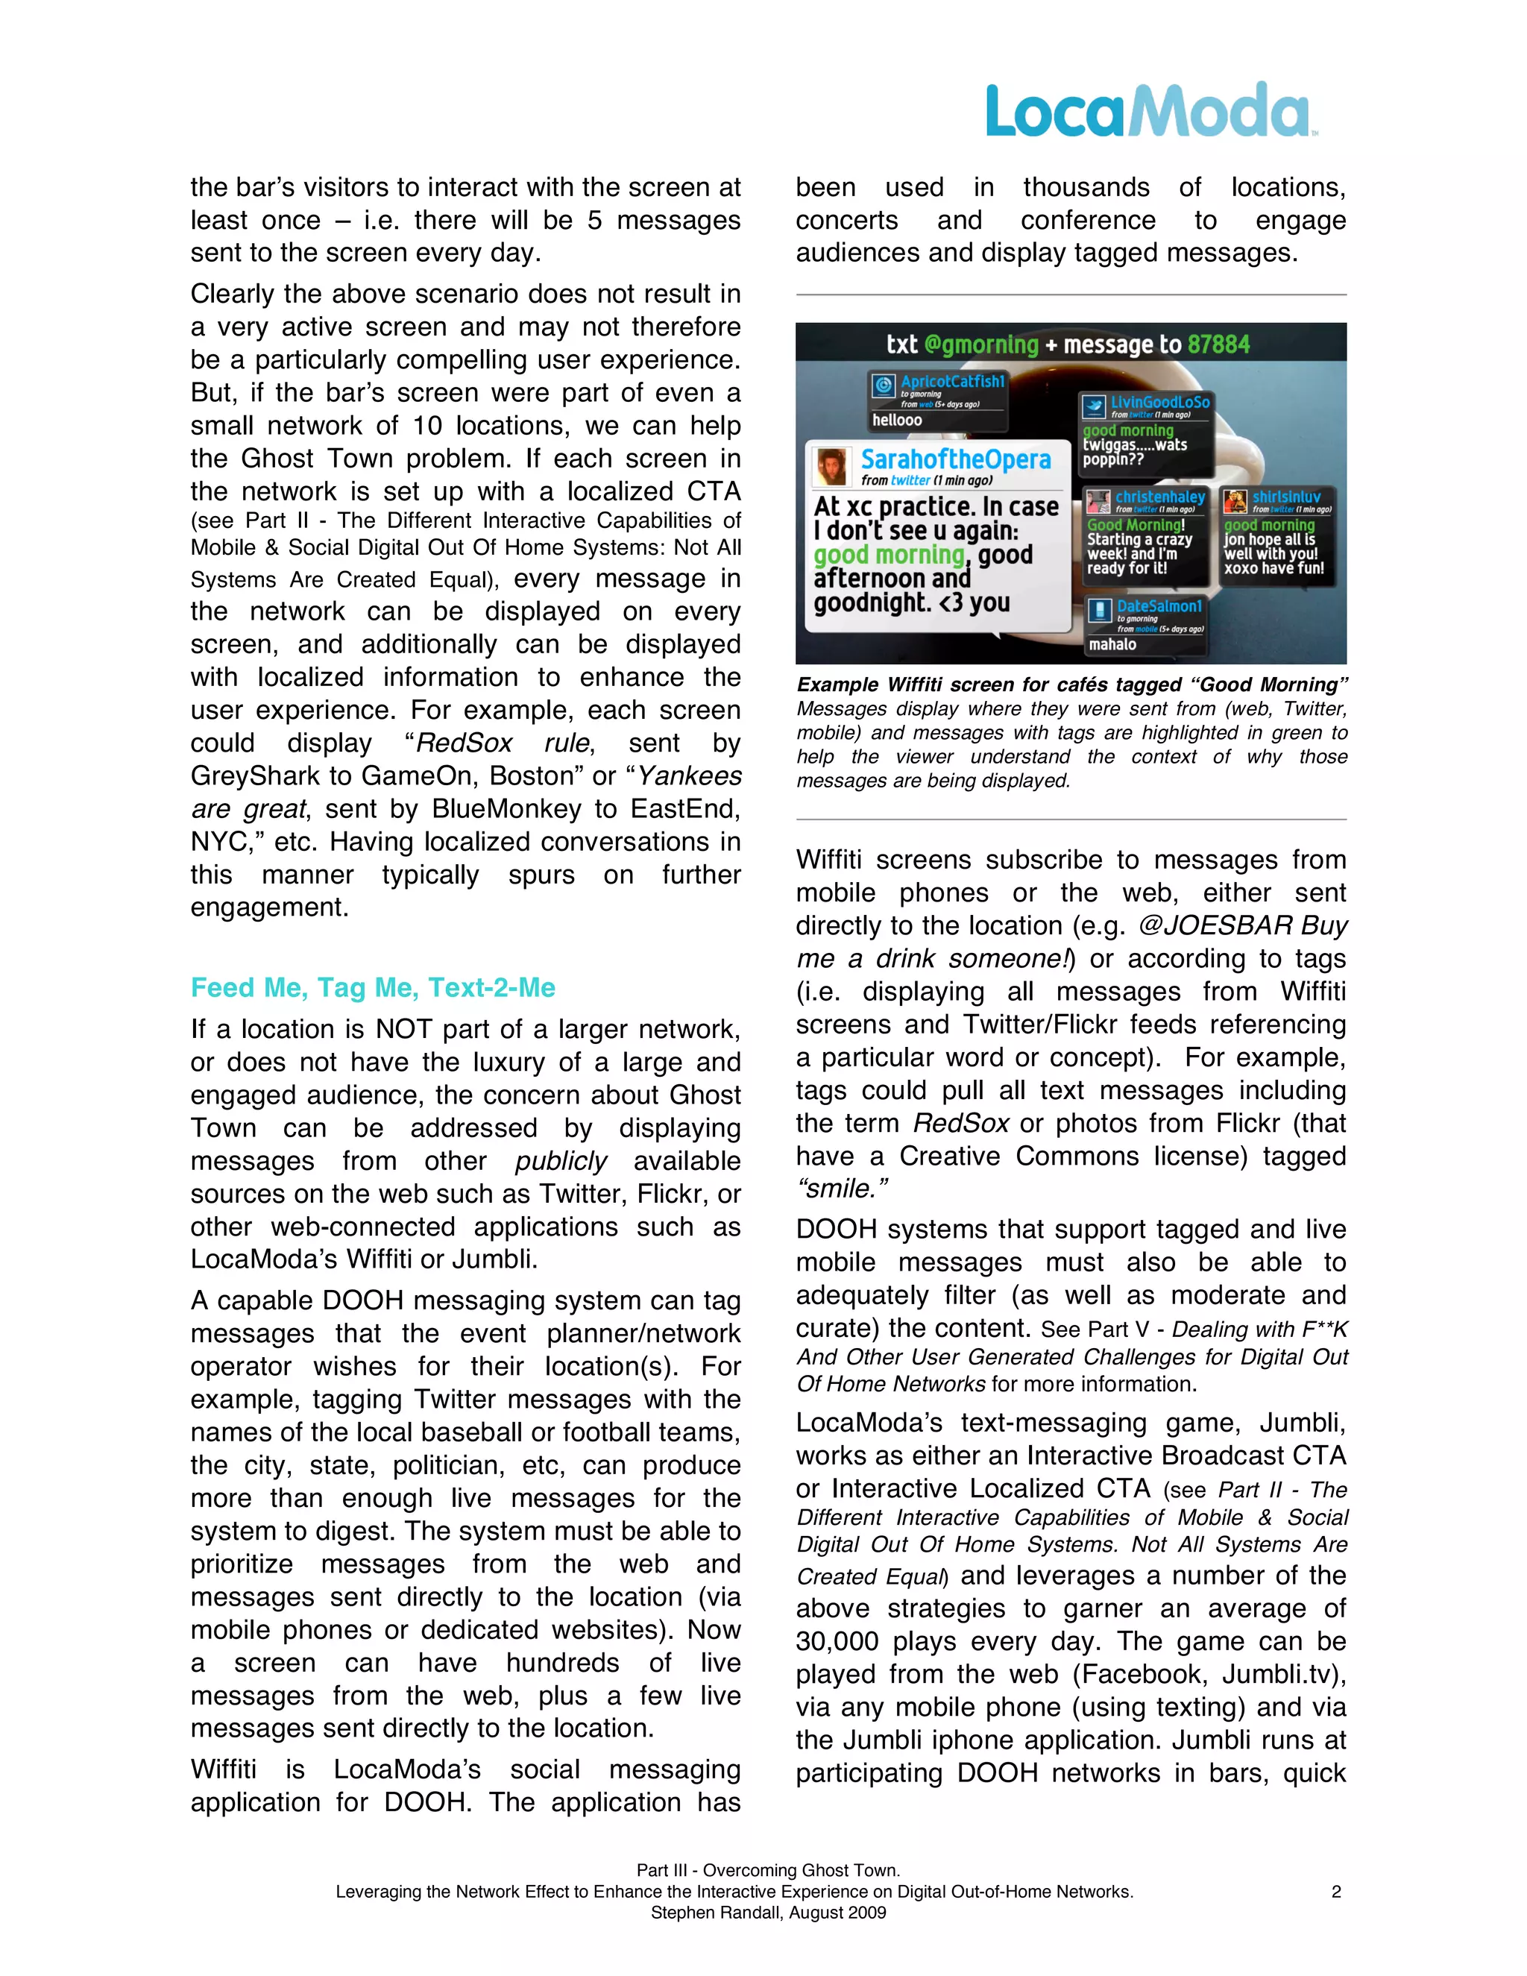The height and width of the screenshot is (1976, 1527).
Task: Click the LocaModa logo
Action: [1149, 110]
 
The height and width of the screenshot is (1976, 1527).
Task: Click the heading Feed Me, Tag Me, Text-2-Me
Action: [373, 987]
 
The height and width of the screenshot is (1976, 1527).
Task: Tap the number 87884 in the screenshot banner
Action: [1218, 344]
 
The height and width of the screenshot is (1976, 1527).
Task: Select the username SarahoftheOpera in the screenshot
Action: [955, 459]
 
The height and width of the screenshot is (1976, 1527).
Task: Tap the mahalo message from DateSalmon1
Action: [1112, 644]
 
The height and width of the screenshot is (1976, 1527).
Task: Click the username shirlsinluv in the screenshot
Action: [1285, 497]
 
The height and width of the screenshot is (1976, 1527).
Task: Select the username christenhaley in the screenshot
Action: [1159, 497]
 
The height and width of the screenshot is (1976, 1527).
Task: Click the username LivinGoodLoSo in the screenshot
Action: [1159, 402]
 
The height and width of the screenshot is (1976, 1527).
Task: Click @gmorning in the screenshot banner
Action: [981, 344]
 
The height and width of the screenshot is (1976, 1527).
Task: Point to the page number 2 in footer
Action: [1335, 1891]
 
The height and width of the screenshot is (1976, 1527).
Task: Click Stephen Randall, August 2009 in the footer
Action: [768, 1912]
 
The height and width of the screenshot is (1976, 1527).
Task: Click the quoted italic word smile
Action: [843, 1189]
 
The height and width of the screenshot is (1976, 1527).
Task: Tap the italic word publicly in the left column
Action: [561, 1161]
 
